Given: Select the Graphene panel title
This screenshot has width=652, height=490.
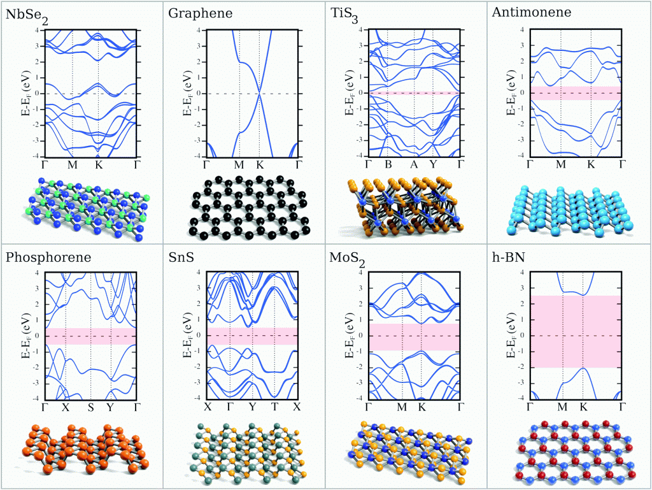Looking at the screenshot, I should tap(191, 12).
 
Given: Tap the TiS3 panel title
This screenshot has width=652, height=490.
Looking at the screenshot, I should tap(344, 13).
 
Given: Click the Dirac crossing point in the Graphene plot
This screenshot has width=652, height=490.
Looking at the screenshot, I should tap(259, 93).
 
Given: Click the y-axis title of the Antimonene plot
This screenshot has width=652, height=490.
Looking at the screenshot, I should tap(510, 93).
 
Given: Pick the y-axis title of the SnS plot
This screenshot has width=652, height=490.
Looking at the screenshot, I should tap(187, 335).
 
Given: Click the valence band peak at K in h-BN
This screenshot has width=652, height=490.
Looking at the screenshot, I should tap(583, 368).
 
